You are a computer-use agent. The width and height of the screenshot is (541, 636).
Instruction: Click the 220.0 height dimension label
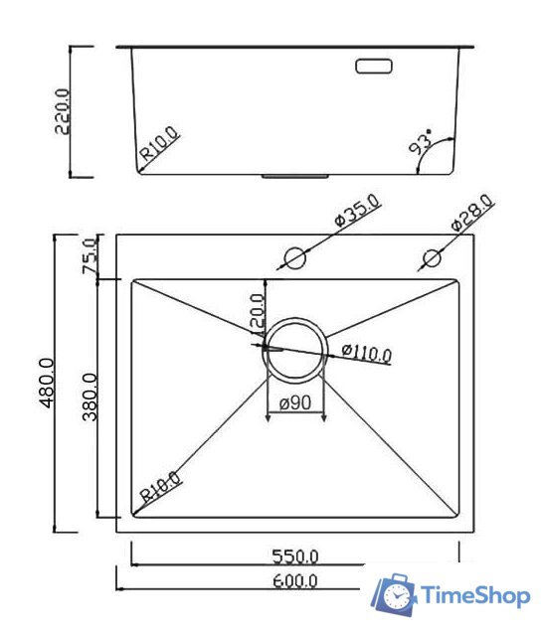coord(61,112)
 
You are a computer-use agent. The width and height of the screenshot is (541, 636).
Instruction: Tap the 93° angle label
coord(422,144)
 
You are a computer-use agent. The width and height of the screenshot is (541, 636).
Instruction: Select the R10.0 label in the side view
coord(161,144)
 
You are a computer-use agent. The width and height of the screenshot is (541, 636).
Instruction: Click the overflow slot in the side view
coord(375,67)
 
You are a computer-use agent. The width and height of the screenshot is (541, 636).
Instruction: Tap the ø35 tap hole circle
coord(294,258)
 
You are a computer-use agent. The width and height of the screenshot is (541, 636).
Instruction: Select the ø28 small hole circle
coord(432,258)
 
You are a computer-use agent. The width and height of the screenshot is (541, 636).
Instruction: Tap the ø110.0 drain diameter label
coord(366,353)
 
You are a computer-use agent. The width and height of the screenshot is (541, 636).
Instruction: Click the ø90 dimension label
coord(296,403)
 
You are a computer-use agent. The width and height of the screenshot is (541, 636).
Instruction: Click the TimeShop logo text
coord(475,596)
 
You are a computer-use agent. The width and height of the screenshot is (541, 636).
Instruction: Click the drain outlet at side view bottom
coord(295,176)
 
